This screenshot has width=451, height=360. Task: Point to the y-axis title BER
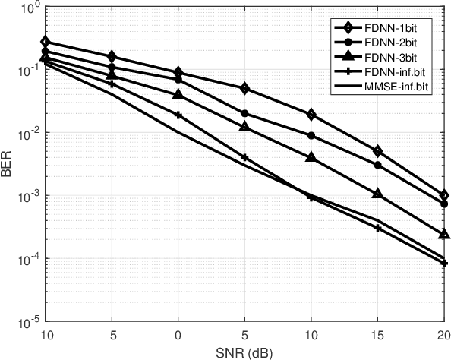tap(7, 165)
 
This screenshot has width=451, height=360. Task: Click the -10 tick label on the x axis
tap(46, 333)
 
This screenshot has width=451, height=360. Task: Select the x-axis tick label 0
tap(178, 333)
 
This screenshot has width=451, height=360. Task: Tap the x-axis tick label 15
tap(378, 333)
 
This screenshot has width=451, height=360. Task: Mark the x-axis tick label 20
tap(443, 333)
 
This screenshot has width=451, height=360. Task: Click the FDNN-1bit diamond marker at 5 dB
tap(245, 89)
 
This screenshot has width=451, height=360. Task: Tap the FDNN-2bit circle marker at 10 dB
tap(311, 135)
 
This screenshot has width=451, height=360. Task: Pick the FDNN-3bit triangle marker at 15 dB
tap(378, 194)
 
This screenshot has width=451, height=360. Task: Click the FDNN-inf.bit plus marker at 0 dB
tap(178, 115)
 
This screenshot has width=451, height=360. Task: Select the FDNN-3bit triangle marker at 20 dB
tap(444, 234)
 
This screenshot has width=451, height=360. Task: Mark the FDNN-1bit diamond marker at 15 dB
tap(378, 151)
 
